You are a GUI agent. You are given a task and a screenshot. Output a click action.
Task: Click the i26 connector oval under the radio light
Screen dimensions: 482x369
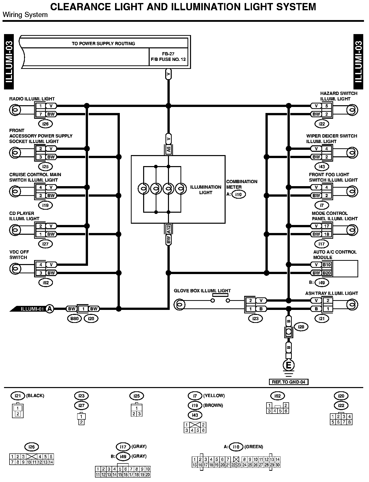45,124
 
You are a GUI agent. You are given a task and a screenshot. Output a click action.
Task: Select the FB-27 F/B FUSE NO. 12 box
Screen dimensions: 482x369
168,57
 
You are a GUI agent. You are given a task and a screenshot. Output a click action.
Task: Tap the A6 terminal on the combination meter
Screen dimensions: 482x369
168,150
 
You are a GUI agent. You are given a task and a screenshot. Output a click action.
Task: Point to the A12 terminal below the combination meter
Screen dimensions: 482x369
168,229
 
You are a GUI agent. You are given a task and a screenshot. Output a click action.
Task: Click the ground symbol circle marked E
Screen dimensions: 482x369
289,365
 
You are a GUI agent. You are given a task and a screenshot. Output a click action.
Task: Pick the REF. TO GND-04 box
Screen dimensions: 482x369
289,382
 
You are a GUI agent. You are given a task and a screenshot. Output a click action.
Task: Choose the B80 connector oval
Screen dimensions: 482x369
74,319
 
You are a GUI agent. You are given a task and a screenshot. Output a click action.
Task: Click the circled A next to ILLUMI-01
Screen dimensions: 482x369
50,309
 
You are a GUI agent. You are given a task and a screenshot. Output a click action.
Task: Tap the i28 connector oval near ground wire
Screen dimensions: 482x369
301,327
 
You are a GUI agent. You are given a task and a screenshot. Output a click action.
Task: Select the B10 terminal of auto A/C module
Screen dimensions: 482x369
327,265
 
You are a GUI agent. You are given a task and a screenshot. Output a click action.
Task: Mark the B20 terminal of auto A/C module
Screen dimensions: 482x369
327,273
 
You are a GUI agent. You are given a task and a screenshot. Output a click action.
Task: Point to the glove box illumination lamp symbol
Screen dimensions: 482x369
179,305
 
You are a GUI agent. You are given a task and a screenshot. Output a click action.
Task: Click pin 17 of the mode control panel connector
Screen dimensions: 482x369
327,226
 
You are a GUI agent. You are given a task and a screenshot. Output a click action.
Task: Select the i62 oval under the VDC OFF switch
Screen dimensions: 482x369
45,283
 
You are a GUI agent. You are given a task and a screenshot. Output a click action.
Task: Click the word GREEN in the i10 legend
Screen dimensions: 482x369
254,447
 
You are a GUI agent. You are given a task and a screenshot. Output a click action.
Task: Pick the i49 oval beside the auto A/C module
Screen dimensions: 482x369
322,283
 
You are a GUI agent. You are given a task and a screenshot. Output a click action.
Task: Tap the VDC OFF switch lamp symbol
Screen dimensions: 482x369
15,269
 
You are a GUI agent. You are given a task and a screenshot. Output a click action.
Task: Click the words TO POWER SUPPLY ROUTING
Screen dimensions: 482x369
103,44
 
